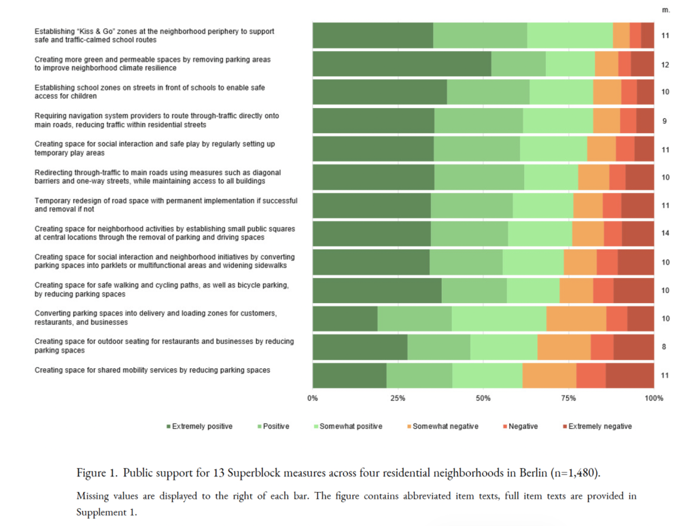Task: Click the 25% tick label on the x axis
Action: coord(398,398)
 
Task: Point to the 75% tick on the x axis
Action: coord(568,398)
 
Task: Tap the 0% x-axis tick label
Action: coord(313,398)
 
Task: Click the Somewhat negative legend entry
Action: coord(442,426)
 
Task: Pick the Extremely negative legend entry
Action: coord(597,426)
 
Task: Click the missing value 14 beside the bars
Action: coord(665,233)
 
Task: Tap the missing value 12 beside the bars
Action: coord(665,65)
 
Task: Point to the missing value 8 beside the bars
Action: coord(664,347)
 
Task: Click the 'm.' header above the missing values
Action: coord(666,10)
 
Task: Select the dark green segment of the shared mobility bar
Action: coord(349,376)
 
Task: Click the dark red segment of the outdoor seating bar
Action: coord(634,347)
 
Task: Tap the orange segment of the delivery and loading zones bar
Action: coord(576,319)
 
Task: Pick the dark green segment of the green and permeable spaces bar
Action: coord(402,64)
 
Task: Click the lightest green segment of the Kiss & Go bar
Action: coord(570,35)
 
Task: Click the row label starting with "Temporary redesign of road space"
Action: coord(166,205)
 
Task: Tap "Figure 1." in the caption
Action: coord(97,473)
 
